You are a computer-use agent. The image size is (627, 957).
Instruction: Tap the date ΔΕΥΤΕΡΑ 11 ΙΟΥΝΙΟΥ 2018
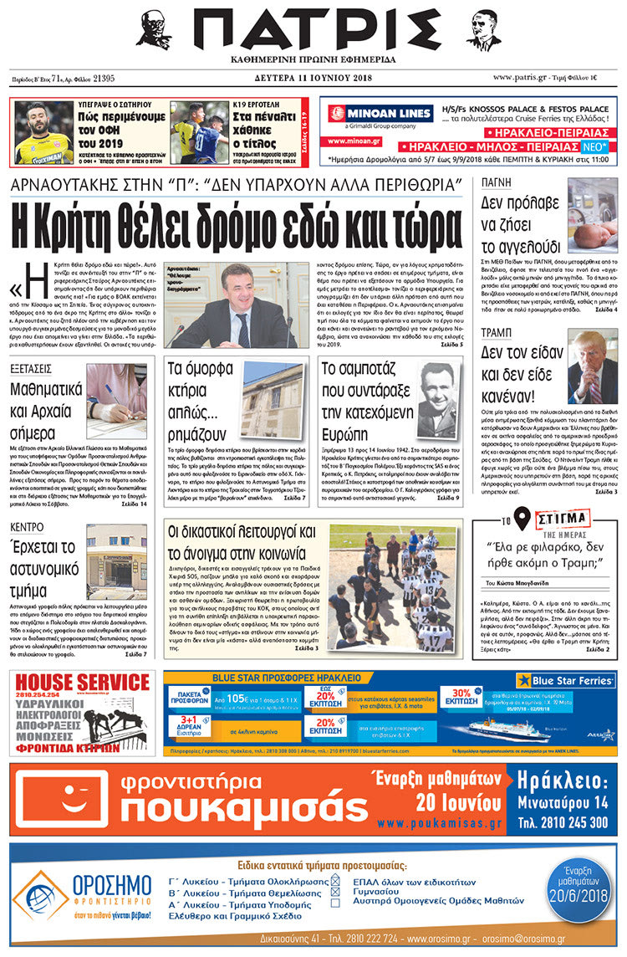[x=313, y=78]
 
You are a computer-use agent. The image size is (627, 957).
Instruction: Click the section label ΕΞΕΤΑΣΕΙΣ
[x=31, y=369]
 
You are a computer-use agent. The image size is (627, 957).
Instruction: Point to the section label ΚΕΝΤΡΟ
[x=29, y=527]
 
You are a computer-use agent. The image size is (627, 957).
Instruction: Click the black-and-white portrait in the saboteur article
[x=437, y=400]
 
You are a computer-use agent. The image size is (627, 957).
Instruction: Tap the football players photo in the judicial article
[x=394, y=586]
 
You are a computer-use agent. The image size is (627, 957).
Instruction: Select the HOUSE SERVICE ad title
[x=84, y=682]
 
